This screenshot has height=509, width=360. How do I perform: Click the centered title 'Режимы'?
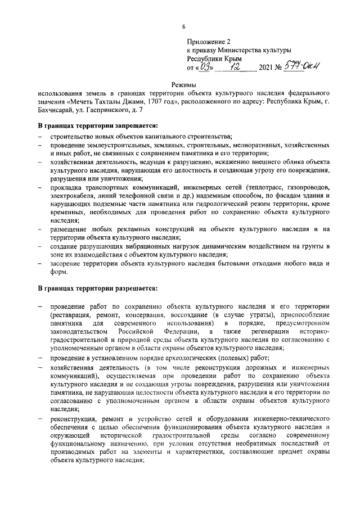pyautogui.click(x=183, y=85)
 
